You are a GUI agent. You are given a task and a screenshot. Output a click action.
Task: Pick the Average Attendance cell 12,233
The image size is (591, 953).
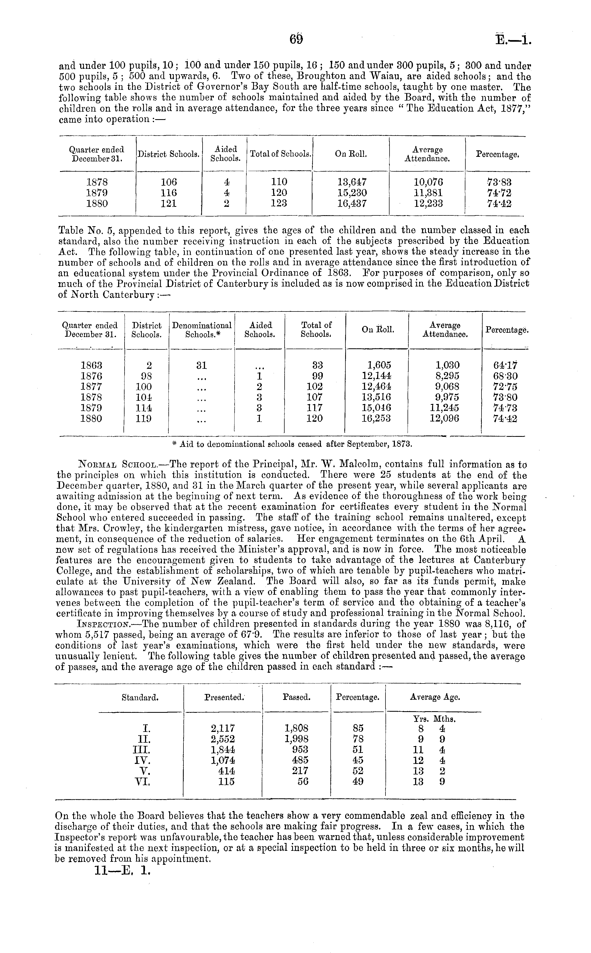coord(429,204)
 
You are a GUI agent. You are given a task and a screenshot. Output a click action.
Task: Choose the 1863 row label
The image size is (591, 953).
coord(91,365)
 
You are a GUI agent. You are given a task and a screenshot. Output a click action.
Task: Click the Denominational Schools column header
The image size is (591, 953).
coord(202,330)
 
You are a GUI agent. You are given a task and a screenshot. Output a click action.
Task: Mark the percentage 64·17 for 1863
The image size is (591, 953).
coord(505,365)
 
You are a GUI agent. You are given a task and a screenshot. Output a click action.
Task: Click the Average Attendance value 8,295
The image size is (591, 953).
coord(448,376)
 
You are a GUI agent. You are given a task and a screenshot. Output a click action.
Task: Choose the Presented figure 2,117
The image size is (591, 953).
coord(223,728)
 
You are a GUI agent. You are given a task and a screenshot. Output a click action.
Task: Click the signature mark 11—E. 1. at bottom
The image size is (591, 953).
coord(122,871)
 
